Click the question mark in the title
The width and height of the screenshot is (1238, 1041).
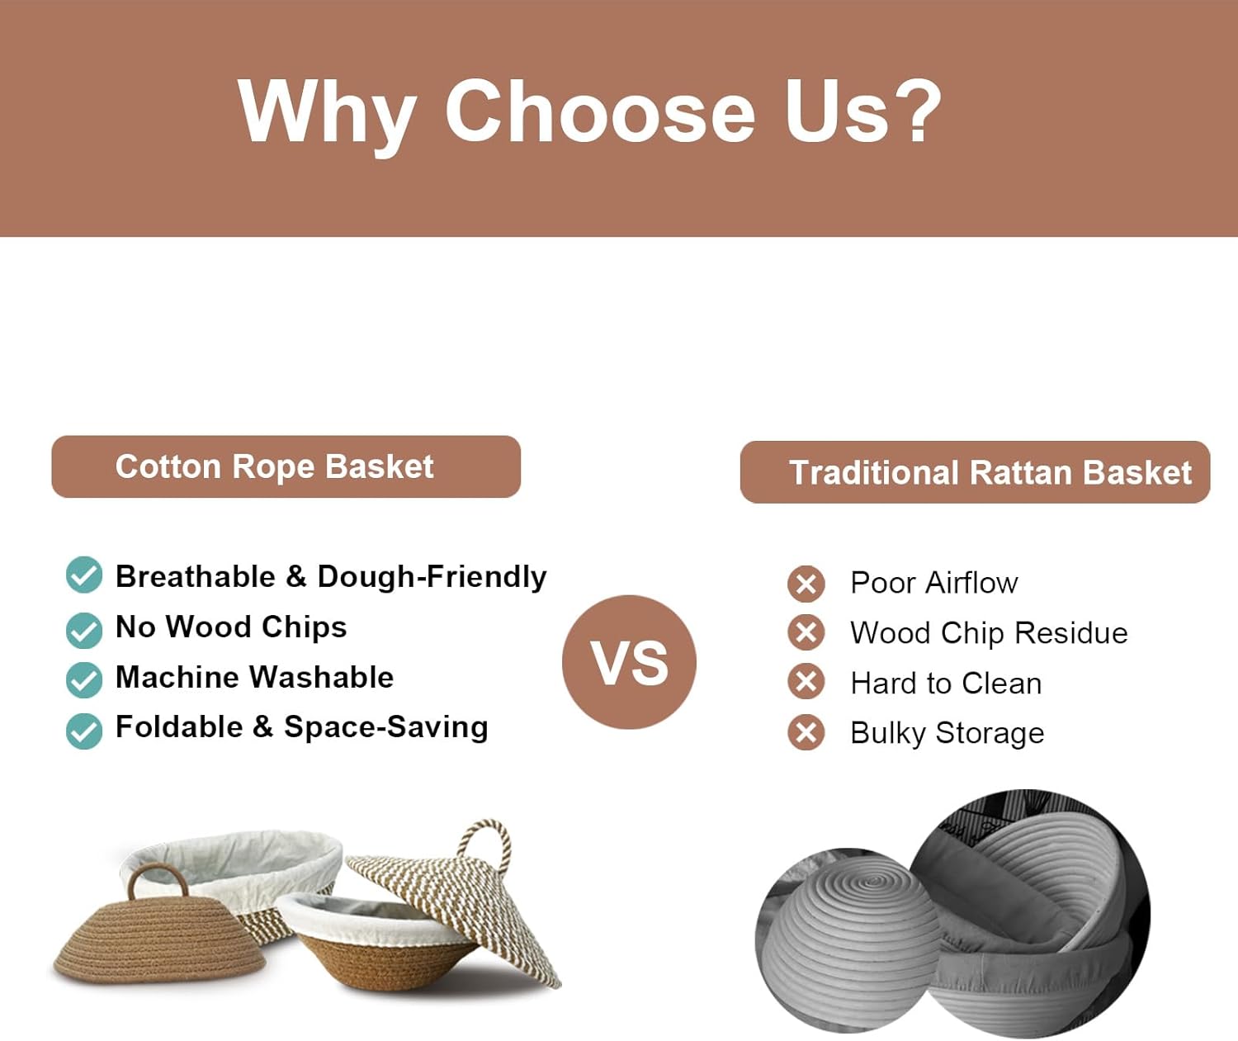918,111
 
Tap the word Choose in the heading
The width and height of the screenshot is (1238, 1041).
600,111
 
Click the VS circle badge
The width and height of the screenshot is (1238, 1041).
629,662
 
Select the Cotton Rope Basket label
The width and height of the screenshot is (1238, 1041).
286,466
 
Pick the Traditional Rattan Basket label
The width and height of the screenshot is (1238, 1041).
975,472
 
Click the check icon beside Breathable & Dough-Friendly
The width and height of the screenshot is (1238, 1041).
84,575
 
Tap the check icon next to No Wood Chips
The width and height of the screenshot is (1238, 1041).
84,630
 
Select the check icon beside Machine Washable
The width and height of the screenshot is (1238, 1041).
84,679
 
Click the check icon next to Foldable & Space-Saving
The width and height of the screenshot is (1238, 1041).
84,731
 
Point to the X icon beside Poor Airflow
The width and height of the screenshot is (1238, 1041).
806,584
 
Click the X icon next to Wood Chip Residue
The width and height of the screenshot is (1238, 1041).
806,632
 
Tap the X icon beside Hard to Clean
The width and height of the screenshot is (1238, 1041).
806,682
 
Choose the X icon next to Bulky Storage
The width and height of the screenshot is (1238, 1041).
806,732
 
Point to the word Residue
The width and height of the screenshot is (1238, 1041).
1071,633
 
